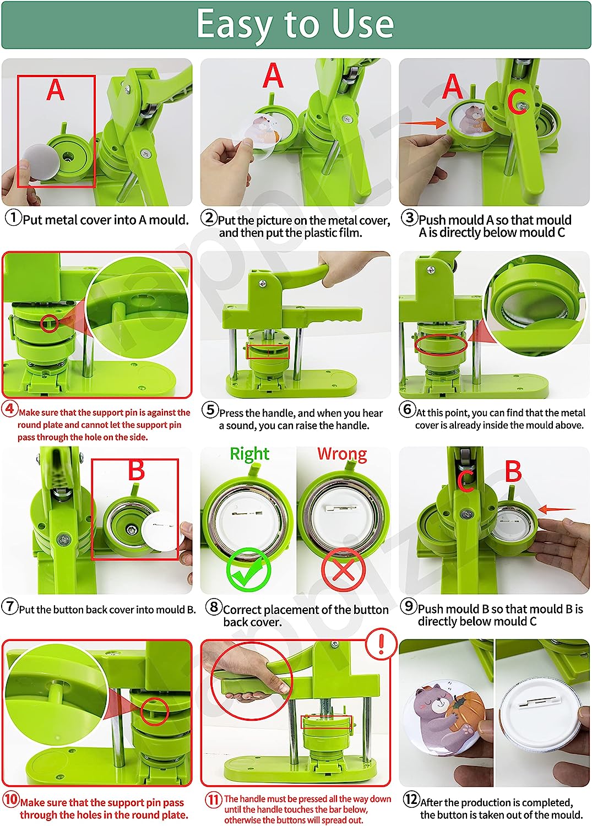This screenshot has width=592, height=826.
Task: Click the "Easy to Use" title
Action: [295, 25]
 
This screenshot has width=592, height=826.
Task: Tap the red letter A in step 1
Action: [55, 90]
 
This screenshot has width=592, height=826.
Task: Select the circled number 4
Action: [10, 409]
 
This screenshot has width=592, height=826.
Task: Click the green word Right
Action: [249, 454]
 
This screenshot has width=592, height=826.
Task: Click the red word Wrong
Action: [342, 454]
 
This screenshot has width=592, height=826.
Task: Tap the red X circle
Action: [343, 570]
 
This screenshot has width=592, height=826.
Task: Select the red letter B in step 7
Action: [136, 471]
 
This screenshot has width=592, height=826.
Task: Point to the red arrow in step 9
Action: [557, 510]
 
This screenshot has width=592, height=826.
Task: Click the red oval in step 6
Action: [441, 345]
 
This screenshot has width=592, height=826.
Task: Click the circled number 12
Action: [411, 799]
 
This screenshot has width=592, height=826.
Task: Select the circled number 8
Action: [213, 607]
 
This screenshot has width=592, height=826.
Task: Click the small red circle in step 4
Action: [49, 323]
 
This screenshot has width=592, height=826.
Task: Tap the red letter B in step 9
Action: [513, 471]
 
